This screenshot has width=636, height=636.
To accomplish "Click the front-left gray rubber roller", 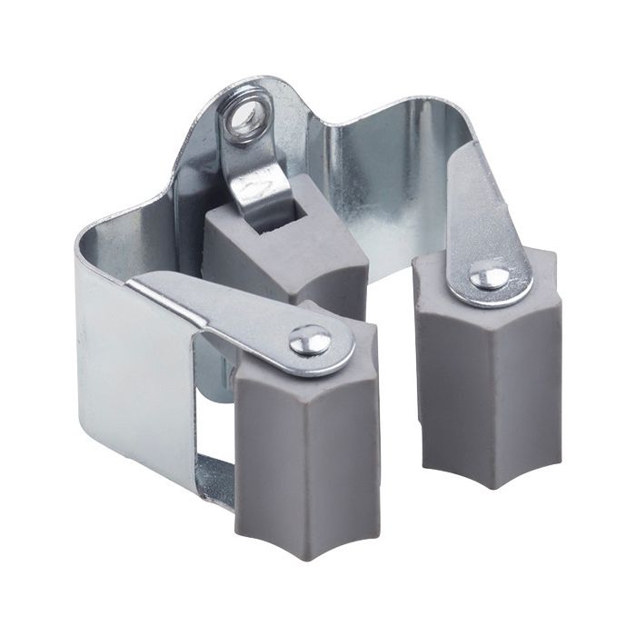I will [304, 454].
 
